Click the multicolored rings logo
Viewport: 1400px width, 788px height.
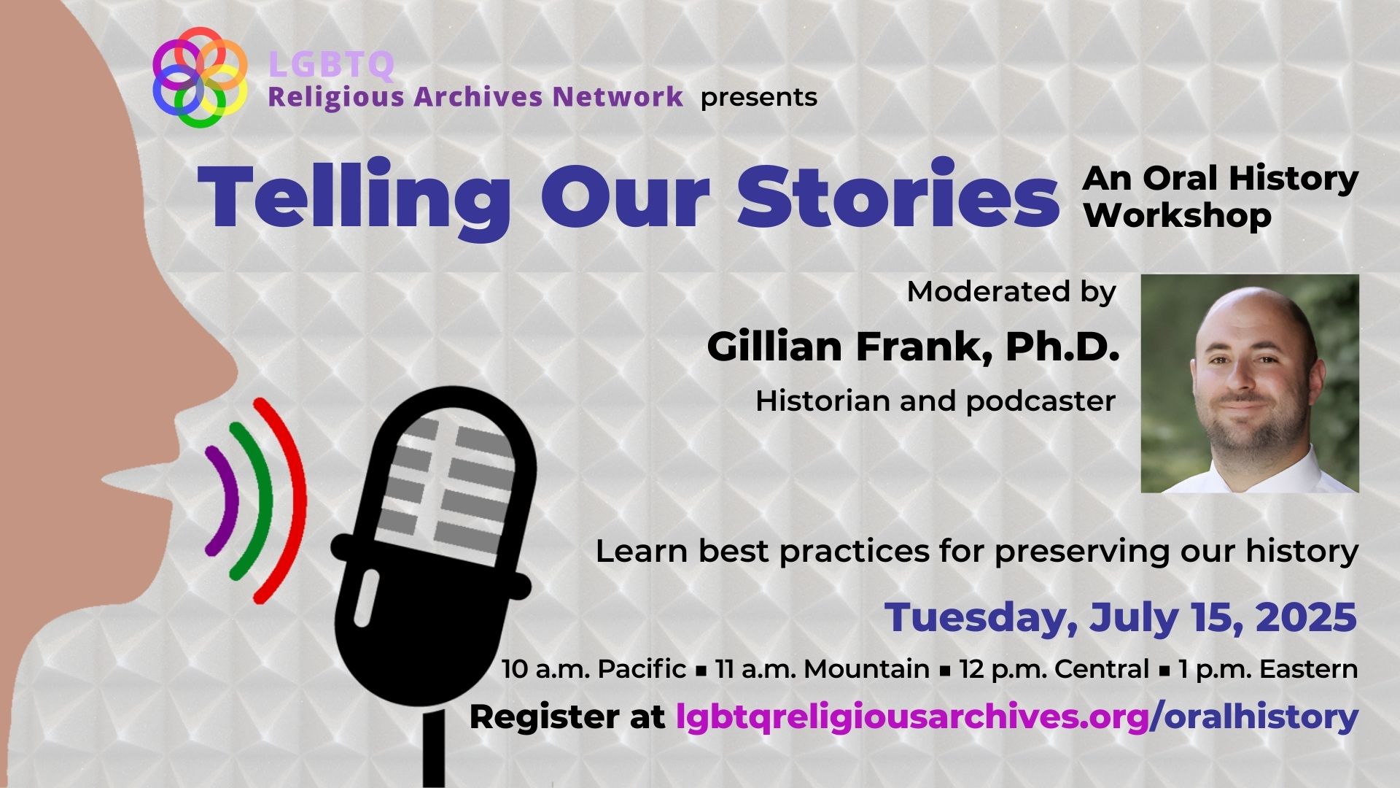coord(199,77)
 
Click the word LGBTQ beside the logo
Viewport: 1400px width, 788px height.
coord(332,64)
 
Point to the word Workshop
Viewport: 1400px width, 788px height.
coord(1178,216)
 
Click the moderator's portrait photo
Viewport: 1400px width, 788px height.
coord(1250,384)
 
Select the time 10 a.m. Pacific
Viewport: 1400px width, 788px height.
coord(594,669)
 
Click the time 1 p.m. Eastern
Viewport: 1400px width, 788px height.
coord(1268,669)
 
